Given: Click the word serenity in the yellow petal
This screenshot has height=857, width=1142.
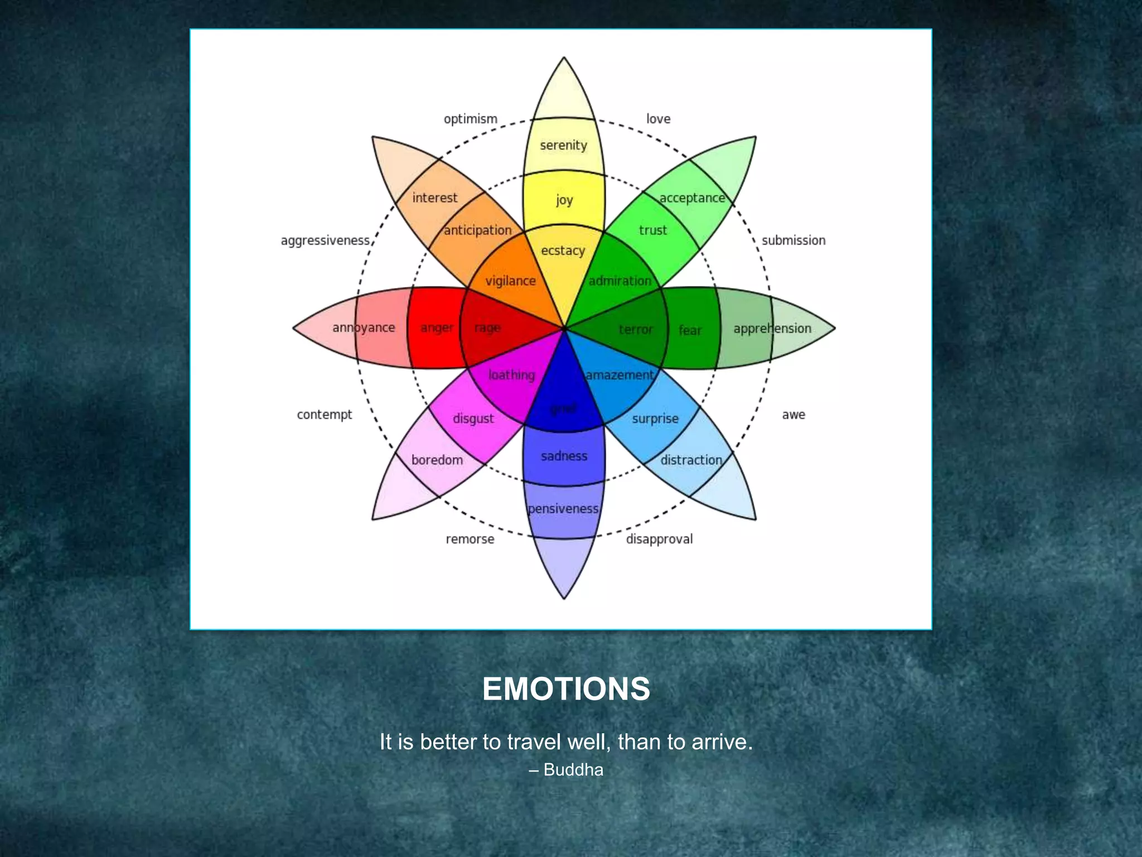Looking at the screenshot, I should [x=563, y=146].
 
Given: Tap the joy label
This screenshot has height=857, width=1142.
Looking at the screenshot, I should [x=564, y=200].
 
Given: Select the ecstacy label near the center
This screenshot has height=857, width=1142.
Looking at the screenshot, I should [x=563, y=251].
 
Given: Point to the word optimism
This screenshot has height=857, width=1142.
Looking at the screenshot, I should [x=470, y=119].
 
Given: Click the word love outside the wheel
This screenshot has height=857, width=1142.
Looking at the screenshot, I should [x=658, y=119].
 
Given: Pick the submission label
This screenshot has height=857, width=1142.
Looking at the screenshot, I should [x=793, y=240].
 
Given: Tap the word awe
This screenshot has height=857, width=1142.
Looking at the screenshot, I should [x=793, y=415].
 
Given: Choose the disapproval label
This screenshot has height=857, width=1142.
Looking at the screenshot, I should [x=659, y=539].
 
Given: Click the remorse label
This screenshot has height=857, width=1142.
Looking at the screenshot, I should [x=470, y=539].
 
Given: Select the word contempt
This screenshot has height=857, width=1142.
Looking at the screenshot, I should [x=324, y=415].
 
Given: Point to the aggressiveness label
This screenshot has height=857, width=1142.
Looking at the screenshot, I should [x=325, y=240].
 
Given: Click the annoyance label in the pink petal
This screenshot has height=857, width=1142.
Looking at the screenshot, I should [x=364, y=328].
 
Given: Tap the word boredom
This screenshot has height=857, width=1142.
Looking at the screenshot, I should [x=437, y=460].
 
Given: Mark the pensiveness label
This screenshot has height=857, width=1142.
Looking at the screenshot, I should [x=563, y=509].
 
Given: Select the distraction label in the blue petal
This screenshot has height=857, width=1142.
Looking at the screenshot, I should [x=691, y=460].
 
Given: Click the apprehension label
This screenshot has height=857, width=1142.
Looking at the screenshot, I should [x=772, y=329].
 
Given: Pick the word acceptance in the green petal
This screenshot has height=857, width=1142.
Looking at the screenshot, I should [x=692, y=198].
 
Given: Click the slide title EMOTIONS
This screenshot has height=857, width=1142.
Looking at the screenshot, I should [x=566, y=689].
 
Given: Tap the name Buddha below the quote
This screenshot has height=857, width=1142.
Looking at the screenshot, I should [x=573, y=770].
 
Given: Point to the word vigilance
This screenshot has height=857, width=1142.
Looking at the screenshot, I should [x=510, y=281].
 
